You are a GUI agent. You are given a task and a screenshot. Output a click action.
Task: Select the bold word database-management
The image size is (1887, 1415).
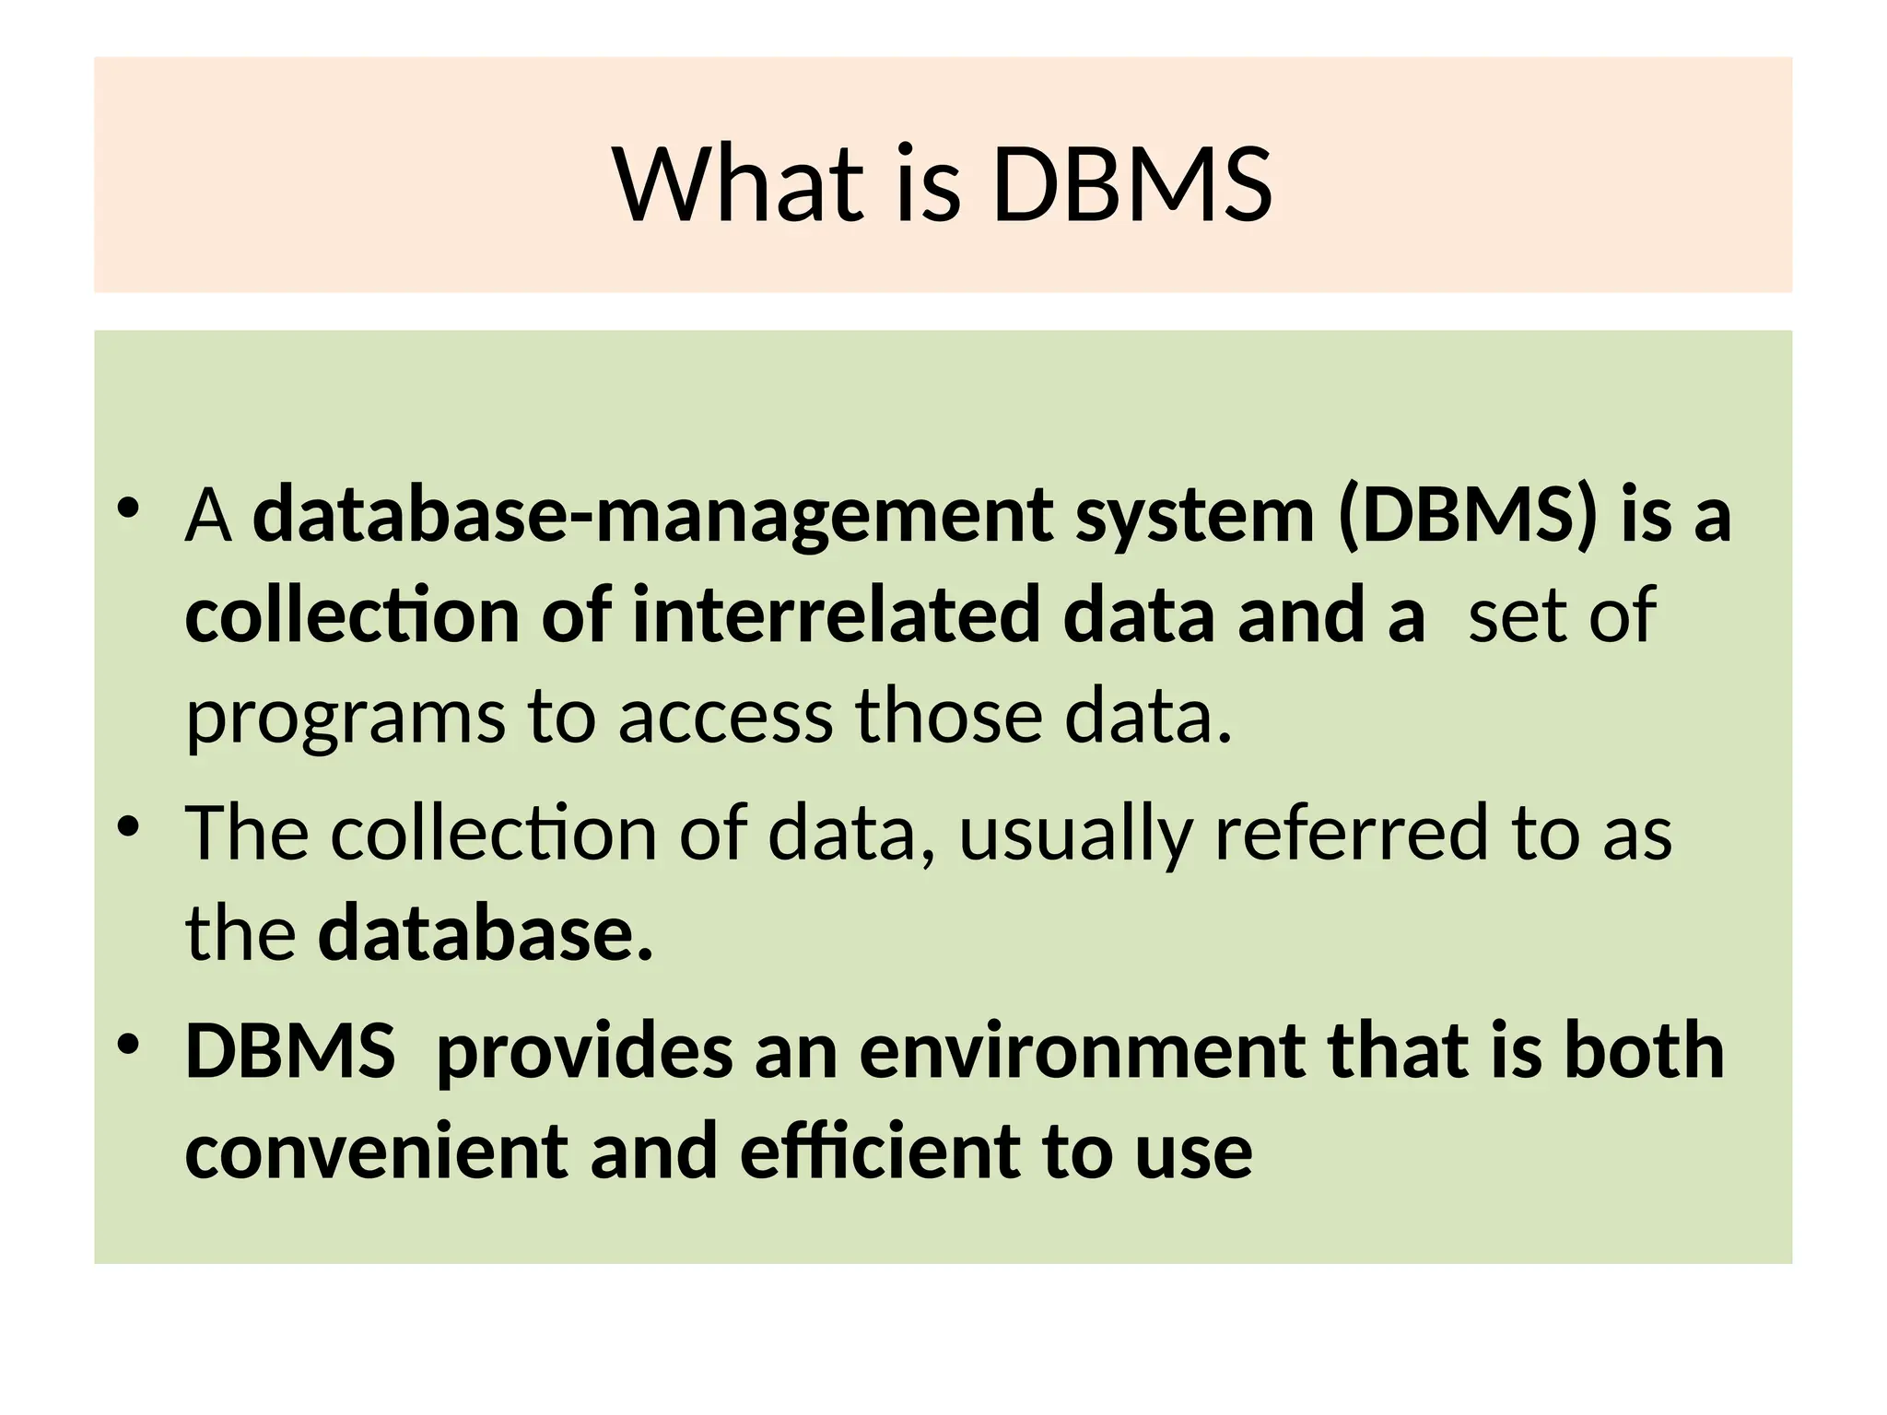(x=652, y=516)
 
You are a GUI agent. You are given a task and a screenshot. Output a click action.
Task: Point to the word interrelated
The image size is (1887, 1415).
(x=837, y=615)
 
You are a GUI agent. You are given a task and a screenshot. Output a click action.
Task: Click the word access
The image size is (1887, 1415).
(x=725, y=718)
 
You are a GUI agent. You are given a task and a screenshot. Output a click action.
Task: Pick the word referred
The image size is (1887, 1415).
(x=1352, y=833)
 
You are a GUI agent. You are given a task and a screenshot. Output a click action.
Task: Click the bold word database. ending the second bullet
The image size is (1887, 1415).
(x=485, y=934)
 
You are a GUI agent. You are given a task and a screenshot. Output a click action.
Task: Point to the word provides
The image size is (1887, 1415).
(x=583, y=1052)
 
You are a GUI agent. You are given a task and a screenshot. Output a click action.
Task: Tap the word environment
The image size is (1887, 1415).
(x=1082, y=1052)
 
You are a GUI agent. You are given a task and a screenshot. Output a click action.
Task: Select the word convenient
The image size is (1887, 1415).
(x=376, y=1152)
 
